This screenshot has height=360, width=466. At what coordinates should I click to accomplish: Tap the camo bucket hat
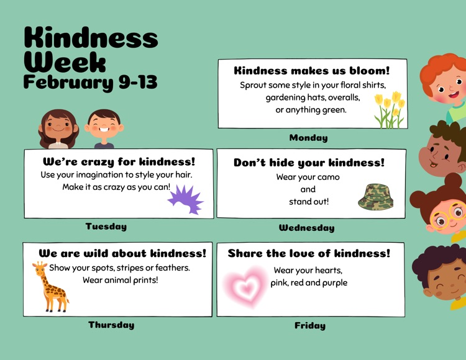[x=375, y=196]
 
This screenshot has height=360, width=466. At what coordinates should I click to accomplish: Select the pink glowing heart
[x=247, y=287]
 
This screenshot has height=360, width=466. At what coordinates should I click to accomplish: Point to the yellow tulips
[x=389, y=110]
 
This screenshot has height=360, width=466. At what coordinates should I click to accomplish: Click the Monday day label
[x=308, y=138]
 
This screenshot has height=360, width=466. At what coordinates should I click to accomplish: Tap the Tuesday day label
[x=106, y=227]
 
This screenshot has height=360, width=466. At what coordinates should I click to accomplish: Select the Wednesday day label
[x=306, y=228]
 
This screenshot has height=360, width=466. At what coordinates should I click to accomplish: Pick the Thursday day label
[x=111, y=325]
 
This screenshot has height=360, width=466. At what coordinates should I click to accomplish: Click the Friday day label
[x=309, y=325]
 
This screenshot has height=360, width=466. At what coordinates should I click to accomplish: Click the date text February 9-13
[x=90, y=82]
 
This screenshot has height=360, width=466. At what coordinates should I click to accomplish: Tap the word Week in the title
[x=65, y=61]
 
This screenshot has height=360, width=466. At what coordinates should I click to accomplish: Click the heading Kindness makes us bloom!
[x=312, y=71]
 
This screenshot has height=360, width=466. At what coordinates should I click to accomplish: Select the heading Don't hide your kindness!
[x=309, y=163]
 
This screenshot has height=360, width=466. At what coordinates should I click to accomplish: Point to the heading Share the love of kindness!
[x=309, y=253]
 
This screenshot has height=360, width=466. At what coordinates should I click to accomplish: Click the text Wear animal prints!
[x=121, y=280]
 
